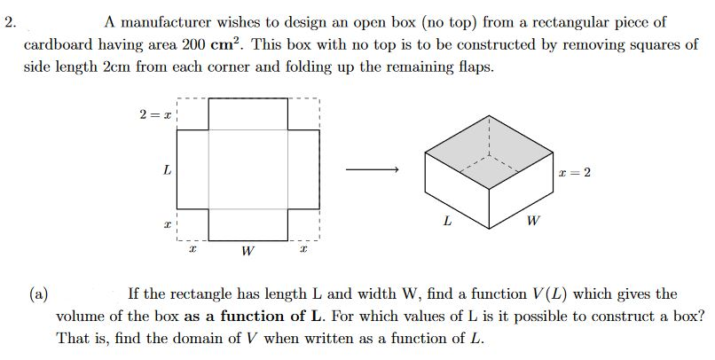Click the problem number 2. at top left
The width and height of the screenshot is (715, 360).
click(x=10, y=23)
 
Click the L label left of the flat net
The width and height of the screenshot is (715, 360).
click(x=167, y=169)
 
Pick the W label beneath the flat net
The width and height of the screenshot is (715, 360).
click(x=247, y=253)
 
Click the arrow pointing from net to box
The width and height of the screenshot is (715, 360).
click(x=372, y=169)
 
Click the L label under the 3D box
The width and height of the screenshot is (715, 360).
click(x=447, y=220)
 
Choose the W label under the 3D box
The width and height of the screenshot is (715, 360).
click(x=530, y=220)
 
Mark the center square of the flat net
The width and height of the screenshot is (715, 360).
click(x=248, y=169)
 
